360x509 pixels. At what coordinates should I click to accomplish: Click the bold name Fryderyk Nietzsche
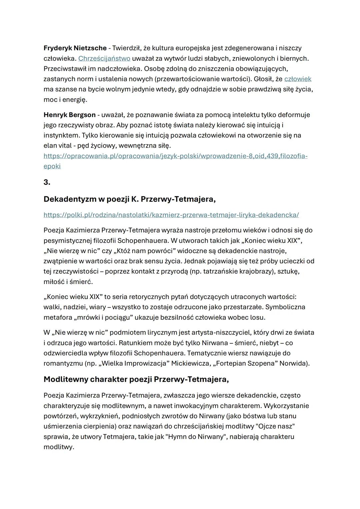(x=75, y=48)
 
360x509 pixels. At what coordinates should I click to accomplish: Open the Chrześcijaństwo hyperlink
(x=104, y=58)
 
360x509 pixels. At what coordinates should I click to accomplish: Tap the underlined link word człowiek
(x=298, y=79)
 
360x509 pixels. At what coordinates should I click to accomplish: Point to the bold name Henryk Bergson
(x=69, y=115)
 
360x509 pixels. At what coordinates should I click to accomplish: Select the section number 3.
(x=47, y=182)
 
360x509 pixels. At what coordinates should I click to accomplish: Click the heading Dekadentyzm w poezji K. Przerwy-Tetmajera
(x=129, y=199)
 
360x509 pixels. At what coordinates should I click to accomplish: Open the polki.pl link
(x=171, y=215)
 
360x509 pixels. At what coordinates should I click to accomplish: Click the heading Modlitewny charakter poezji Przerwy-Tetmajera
(x=136, y=379)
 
